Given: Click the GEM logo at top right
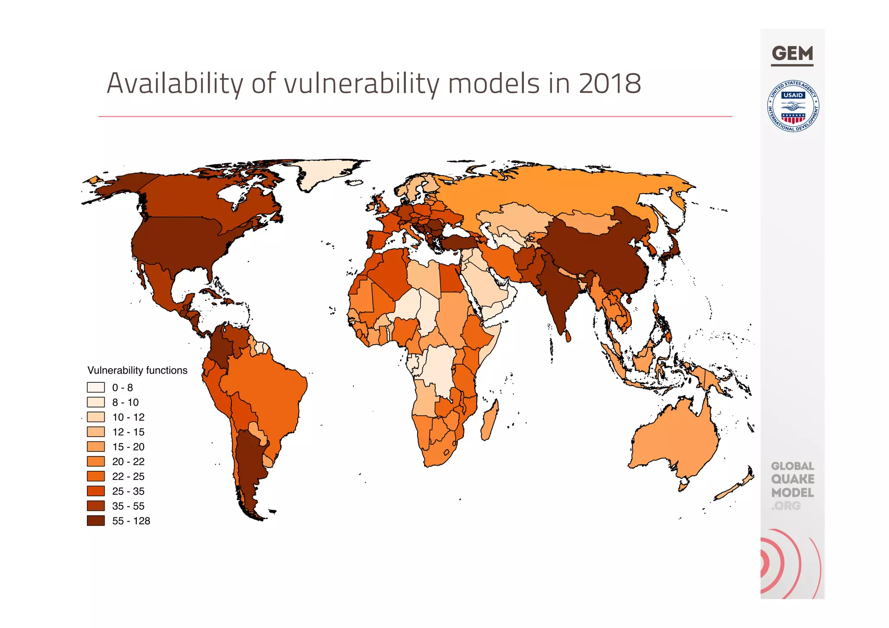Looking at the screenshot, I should coord(792,54).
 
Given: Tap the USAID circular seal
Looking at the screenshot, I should coord(793,106).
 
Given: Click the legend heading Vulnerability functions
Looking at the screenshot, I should coord(137,370).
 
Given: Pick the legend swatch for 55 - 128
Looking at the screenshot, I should coord(95,521).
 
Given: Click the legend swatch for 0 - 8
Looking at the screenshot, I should coord(95,387).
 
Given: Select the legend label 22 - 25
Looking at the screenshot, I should coord(128,477).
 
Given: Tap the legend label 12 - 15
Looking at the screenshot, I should coord(128,432).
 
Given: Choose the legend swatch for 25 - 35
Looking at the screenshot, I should coord(95,491).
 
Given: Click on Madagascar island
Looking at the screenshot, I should coord(489,421).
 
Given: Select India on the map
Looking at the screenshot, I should coord(556,295).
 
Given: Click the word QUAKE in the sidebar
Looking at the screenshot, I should coord(793,479).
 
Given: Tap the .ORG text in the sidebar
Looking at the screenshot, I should coord(786,506).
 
